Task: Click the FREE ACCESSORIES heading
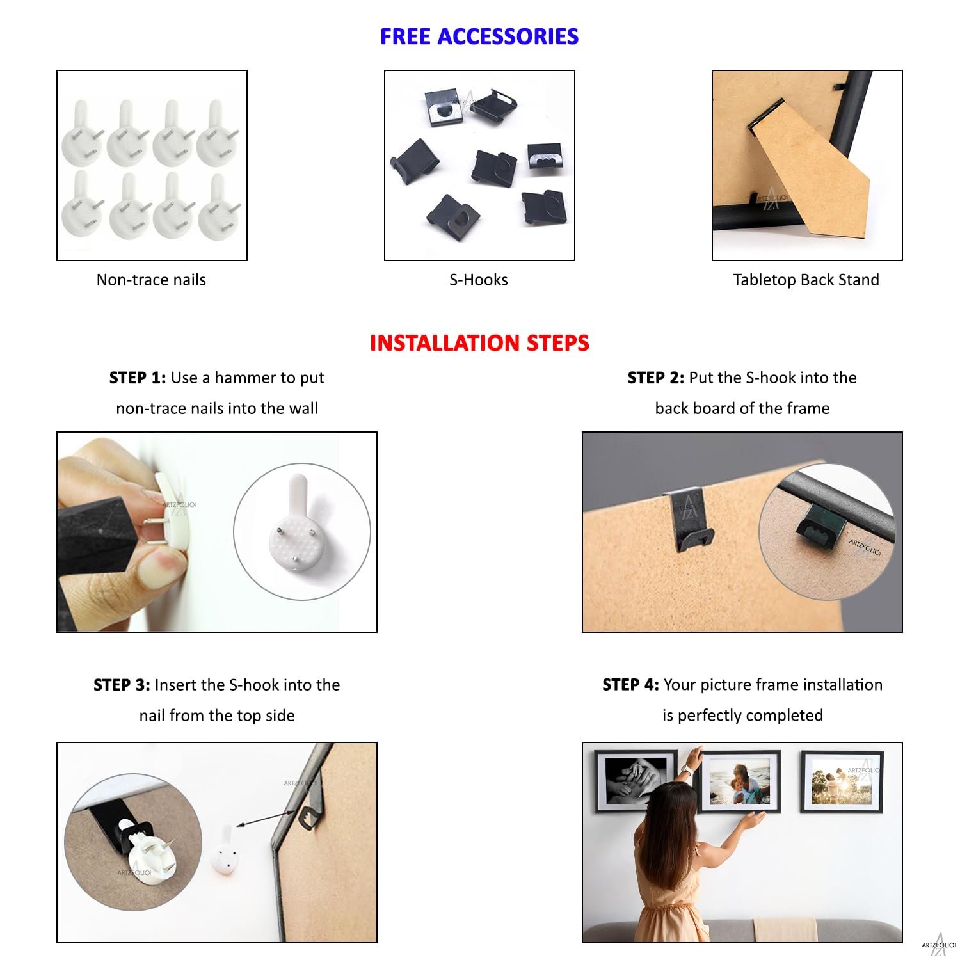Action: click(479, 36)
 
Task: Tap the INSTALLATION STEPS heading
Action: click(479, 343)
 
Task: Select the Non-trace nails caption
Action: click(151, 280)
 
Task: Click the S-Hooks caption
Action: click(479, 280)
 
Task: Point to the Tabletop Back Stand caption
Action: click(806, 280)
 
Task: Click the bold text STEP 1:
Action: click(138, 378)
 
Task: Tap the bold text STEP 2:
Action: click(656, 378)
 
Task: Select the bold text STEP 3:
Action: click(122, 685)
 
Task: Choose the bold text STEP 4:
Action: click(630, 685)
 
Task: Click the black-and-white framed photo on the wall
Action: click(636, 781)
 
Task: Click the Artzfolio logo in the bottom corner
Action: click(938, 944)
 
